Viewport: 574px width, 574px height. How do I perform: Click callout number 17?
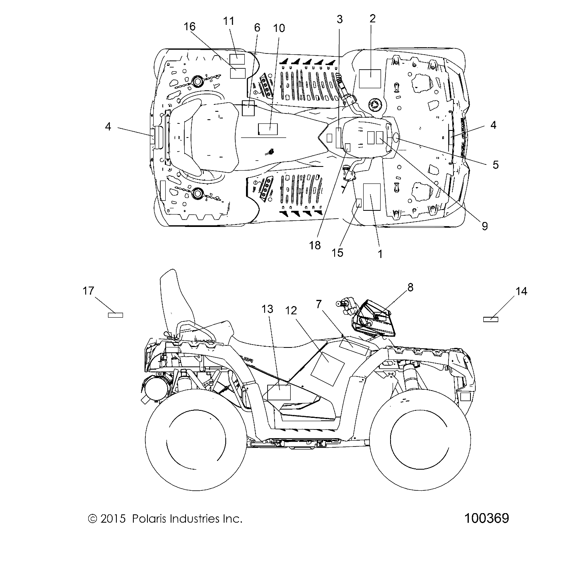tap(88, 291)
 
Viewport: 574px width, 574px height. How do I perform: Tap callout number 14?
tap(521, 292)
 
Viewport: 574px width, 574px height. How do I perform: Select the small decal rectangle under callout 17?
tap(116, 315)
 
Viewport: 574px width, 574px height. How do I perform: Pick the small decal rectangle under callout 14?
tap(491, 319)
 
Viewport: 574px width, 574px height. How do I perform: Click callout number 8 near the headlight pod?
tap(410, 287)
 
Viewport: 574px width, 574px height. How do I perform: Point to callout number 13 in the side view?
tap(268, 309)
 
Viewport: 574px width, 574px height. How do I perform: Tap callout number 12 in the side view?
tap(303, 310)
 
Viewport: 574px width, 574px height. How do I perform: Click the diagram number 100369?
tap(487, 518)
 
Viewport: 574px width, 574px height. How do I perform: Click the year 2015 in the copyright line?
tap(113, 519)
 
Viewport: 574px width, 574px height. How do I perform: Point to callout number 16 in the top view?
tap(190, 27)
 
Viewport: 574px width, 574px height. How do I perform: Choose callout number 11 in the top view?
tap(229, 21)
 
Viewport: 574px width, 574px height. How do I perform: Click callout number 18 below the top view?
tap(315, 245)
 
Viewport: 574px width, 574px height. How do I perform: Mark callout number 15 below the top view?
tap(338, 252)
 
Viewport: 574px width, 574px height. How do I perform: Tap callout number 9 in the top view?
tap(484, 226)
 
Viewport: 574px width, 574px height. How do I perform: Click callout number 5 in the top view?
tap(495, 164)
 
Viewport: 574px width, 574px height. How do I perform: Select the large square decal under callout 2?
tap(369, 79)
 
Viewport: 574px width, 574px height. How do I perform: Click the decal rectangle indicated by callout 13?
tap(279, 392)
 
